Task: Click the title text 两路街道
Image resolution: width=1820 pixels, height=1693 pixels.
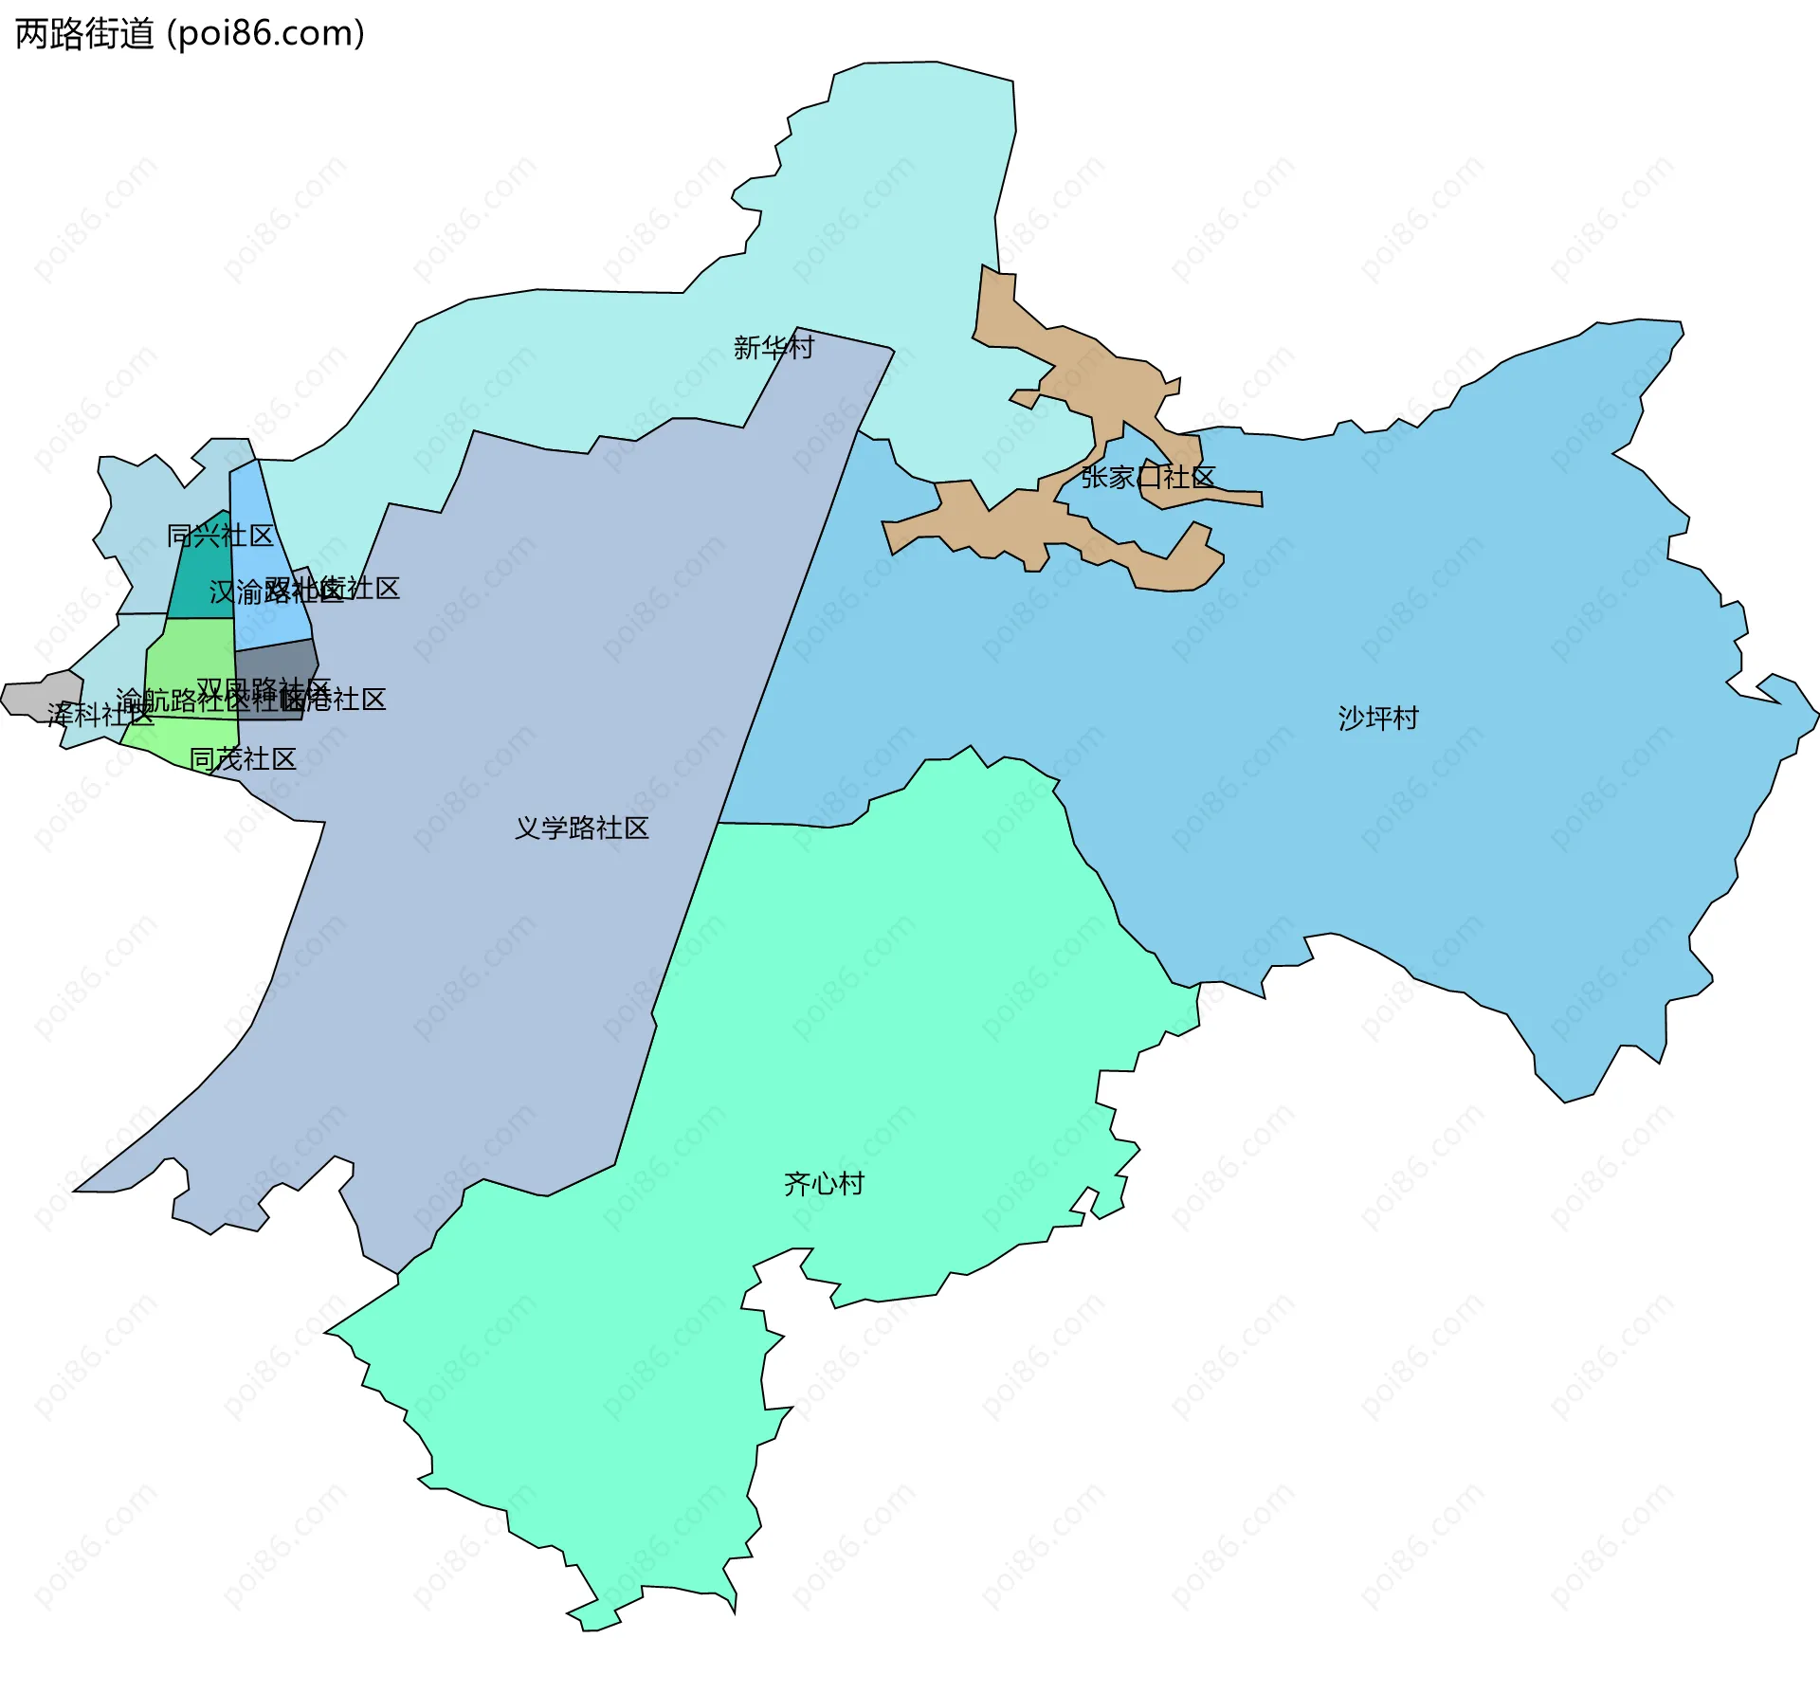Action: point(84,34)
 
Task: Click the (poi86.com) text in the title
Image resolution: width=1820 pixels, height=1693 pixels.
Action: point(265,34)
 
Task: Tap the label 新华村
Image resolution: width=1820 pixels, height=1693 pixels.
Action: point(773,348)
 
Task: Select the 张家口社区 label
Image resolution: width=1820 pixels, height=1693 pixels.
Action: point(1148,477)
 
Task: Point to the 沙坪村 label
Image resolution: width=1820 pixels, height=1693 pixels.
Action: point(1378,719)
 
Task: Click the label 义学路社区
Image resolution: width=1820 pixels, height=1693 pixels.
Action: point(581,828)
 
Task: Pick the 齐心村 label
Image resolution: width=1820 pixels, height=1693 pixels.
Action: point(824,1184)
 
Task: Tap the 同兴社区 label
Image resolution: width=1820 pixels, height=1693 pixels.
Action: point(220,536)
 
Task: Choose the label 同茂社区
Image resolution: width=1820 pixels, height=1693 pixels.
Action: point(243,759)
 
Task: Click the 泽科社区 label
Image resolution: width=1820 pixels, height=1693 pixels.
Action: point(100,714)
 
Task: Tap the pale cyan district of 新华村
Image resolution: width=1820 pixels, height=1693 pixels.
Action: point(901,190)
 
